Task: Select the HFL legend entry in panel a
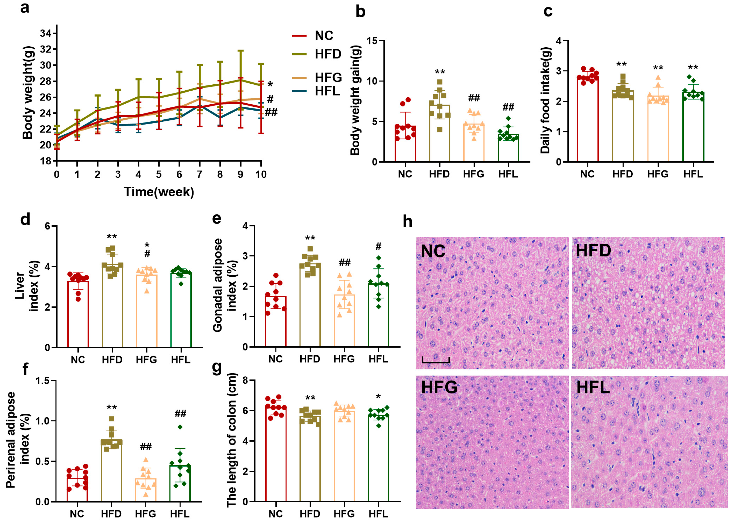[327, 91]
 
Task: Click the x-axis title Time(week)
[159, 192]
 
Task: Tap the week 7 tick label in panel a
[199, 175]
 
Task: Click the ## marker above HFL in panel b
[508, 107]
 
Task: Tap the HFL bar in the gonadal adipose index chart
[379, 315]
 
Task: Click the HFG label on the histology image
[439, 387]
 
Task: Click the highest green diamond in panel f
[180, 427]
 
